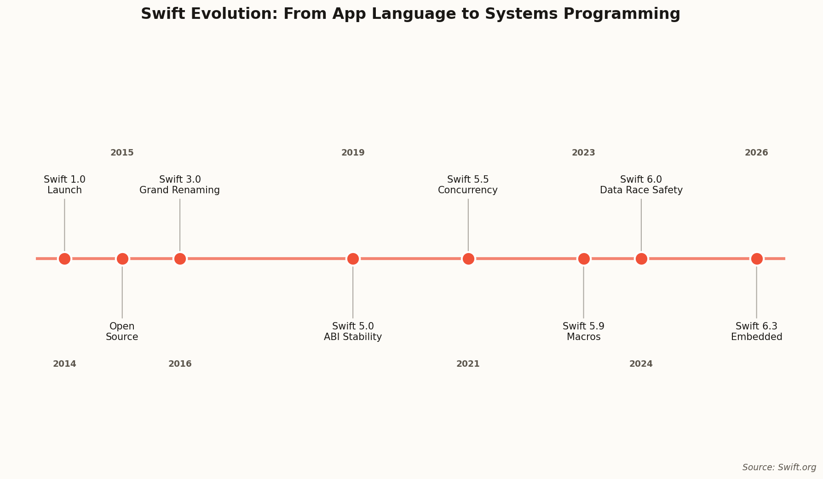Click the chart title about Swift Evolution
coord(410,14)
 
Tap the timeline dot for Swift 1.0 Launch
coord(64,259)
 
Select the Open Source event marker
coord(122,259)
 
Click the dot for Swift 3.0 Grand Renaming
coord(180,259)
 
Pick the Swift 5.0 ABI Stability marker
coord(353,259)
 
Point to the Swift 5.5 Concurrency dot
coord(468,259)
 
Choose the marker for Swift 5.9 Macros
coord(584,259)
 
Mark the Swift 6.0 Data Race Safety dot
coord(641,259)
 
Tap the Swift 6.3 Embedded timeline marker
coord(757,259)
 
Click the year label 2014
coord(64,364)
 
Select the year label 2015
coord(122,153)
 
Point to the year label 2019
coord(353,153)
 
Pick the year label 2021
coord(468,364)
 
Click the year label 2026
coord(757,153)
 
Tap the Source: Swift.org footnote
coord(779,467)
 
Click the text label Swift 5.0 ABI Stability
coord(353,331)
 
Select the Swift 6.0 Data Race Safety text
coord(641,185)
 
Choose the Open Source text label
coord(122,331)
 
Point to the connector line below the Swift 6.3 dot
coord(757,292)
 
